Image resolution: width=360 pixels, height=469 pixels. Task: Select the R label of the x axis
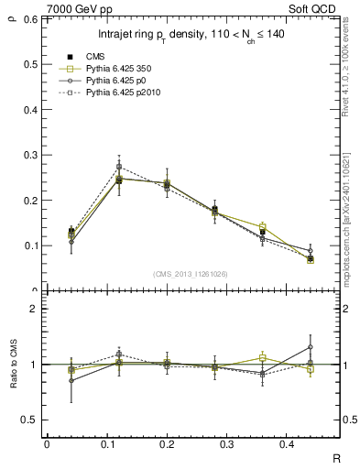[336, 457]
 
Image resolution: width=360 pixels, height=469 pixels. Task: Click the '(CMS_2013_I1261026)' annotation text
[190, 274]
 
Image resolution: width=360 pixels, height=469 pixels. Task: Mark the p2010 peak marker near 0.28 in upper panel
[119, 167]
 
